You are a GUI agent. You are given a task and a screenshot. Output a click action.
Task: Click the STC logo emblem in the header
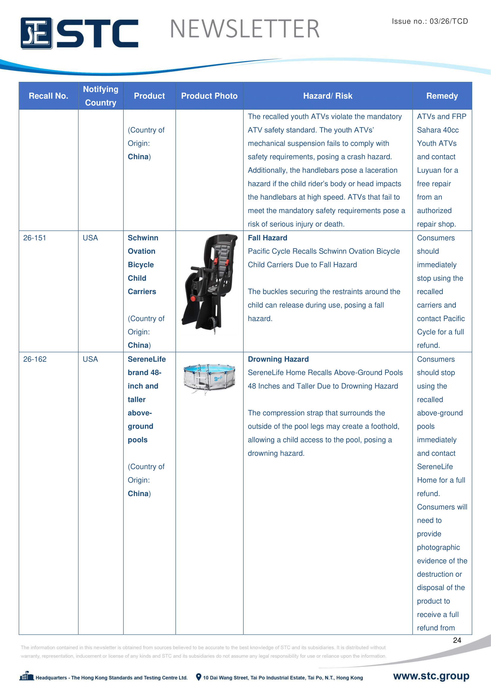pyautogui.click(x=36, y=33)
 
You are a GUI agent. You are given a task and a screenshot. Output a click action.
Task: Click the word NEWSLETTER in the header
pyautogui.click(x=245, y=29)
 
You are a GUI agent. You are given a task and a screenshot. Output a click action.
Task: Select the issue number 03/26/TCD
pyautogui.click(x=449, y=21)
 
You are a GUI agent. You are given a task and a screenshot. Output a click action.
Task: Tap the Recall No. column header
pyautogui.click(x=48, y=96)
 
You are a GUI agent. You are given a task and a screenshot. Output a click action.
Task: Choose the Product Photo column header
pyautogui.click(x=209, y=96)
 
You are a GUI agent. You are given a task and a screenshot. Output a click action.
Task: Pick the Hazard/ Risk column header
pyautogui.click(x=328, y=96)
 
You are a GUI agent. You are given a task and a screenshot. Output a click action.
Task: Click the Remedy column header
pyautogui.click(x=442, y=96)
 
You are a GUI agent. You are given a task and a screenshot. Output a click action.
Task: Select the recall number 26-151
pyautogui.click(x=35, y=238)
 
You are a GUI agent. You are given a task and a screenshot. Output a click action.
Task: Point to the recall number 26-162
pyautogui.click(x=35, y=359)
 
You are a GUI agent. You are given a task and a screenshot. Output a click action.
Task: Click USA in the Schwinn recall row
pyautogui.click(x=91, y=238)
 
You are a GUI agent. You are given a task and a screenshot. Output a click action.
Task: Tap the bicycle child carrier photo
pyautogui.click(x=210, y=284)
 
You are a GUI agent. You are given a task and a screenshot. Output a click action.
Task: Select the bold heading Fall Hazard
pyautogui.click(x=267, y=238)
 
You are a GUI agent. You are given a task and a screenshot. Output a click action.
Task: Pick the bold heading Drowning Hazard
pyautogui.click(x=278, y=359)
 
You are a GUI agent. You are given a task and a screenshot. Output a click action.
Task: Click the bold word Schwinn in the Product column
pyautogui.click(x=143, y=238)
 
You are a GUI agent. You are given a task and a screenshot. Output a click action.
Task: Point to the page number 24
pyautogui.click(x=457, y=640)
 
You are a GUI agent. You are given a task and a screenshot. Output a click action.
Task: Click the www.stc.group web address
pyautogui.click(x=431, y=676)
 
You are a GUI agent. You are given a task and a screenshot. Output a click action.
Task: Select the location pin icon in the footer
pyautogui.click(x=199, y=677)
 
